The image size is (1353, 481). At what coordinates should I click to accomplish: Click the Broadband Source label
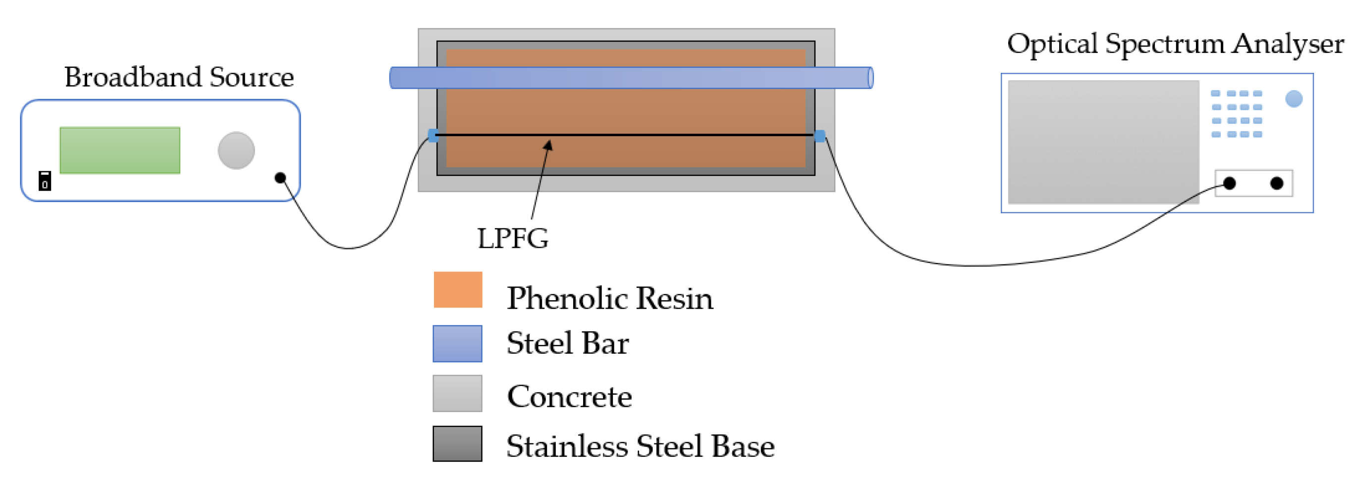pos(178,78)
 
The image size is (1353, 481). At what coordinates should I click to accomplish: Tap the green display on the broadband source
pos(120,150)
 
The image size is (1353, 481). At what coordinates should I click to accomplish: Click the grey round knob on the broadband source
pos(236,150)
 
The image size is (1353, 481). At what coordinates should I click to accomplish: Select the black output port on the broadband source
pos(280,178)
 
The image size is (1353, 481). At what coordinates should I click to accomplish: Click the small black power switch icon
pos(45,181)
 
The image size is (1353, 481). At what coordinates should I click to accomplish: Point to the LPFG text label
pos(512,239)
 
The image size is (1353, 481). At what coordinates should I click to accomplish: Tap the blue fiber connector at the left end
pos(433,135)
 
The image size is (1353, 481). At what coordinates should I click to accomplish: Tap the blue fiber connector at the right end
pos(819,136)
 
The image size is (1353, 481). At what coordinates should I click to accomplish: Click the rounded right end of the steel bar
pos(870,78)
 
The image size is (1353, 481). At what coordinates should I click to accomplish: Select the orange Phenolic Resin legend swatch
pos(457,289)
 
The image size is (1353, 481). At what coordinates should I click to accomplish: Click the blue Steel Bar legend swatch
pos(457,343)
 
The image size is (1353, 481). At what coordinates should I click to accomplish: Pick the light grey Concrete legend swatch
pos(457,393)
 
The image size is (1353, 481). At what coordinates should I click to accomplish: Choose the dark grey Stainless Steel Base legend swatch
pos(457,444)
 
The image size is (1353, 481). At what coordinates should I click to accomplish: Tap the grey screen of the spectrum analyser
pos(1103,142)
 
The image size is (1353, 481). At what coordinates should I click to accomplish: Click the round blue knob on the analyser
pos(1293,99)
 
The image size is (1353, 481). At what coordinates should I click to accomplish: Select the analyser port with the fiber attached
pos(1229,183)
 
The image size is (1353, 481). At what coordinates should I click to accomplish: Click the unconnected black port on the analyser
pos(1276,183)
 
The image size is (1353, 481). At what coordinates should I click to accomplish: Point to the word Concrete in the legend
pos(569,397)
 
